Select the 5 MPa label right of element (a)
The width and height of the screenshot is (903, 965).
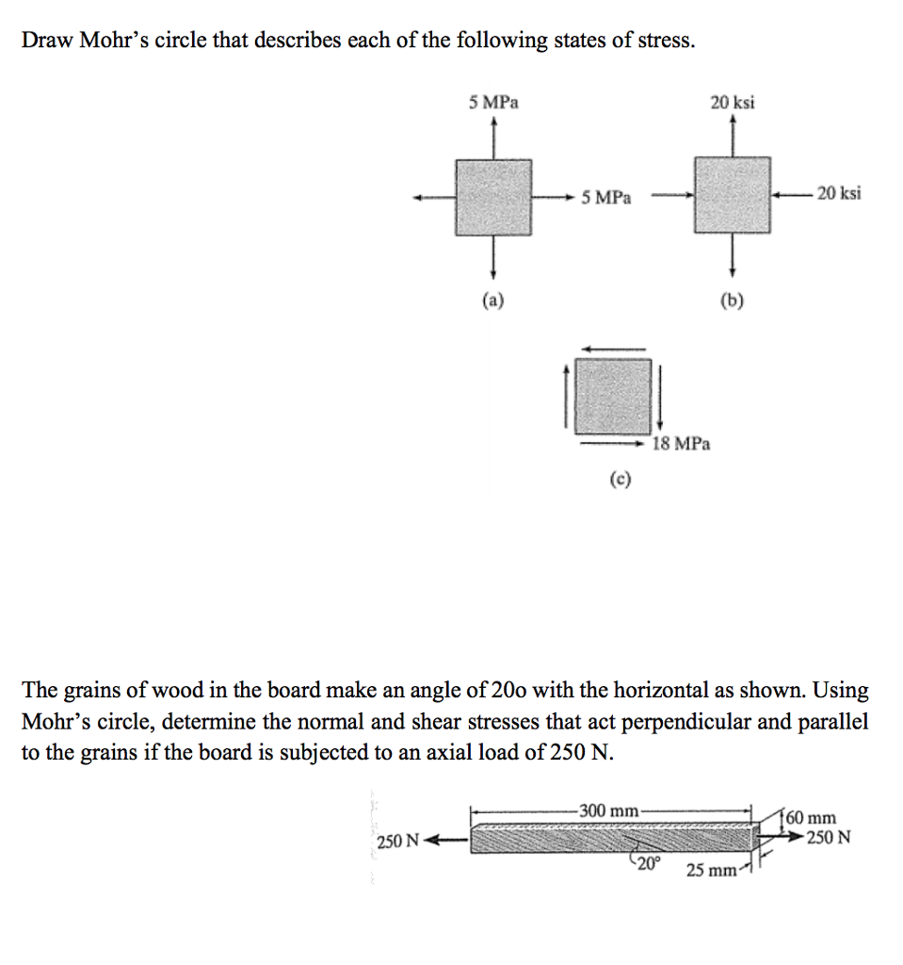click(606, 198)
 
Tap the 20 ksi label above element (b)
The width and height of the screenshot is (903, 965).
click(732, 102)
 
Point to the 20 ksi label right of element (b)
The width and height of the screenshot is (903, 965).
click(838, 193)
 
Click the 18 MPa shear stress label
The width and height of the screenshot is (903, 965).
click(681, 443)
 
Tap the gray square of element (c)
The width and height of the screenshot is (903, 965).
click(613, 394)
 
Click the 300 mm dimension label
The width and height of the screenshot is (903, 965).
click(608, 810)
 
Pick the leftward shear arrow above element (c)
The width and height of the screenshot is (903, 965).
click(612, 348)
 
